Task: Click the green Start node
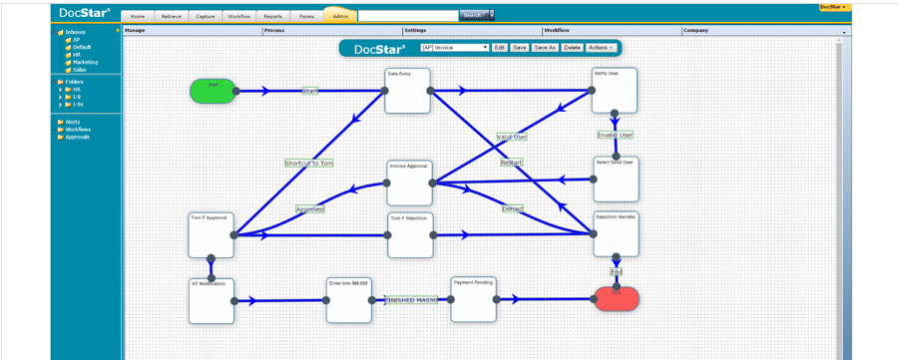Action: coord(213,91)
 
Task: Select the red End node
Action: coord(616,298)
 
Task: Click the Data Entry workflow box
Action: coord(407,91)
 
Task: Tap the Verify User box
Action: coord(614,91)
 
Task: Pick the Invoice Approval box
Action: coord(409,182)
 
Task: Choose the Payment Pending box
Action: coord(473,299)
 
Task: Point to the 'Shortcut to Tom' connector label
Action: coord(308,163)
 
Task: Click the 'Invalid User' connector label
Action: coord(615,135)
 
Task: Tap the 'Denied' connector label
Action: coord(513,209)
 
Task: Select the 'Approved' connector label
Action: coord(310,209)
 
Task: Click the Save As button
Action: coord(545,48)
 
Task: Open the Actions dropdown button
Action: coord(601,48)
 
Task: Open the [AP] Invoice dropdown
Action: coord(455,48)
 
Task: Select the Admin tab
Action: coord(340,16)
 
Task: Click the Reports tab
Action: coord(272,16)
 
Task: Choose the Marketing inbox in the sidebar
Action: coord(85,62)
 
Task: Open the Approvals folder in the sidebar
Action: coord(77,137)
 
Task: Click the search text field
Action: coord(407,16)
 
